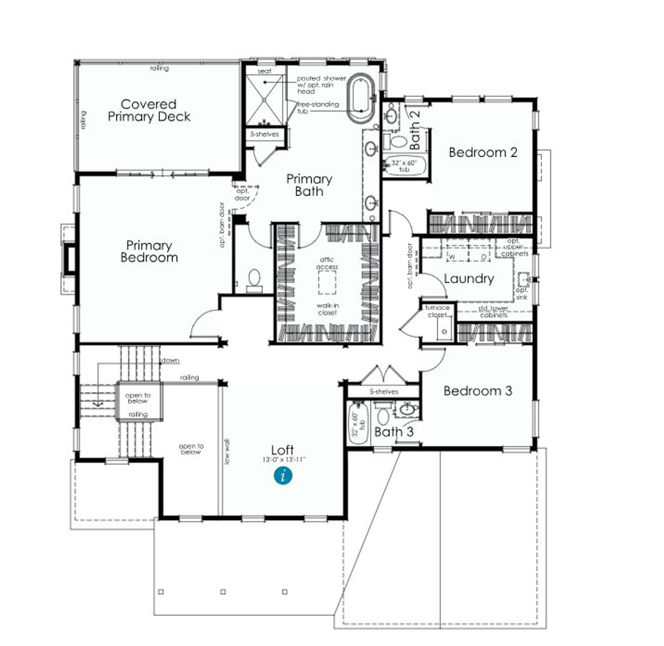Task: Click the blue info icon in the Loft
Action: coord(283,475)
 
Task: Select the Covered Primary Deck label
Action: coord(149,110)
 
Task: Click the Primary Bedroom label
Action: coord(149,251)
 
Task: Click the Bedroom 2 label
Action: coord(482,152)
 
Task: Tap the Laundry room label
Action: coord(468,279)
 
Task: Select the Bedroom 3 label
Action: coord(477,391)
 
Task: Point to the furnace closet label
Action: coord(437,311)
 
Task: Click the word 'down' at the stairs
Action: coord(171,360)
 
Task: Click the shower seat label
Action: coord(265,71)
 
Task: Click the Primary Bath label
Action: coord(309,185)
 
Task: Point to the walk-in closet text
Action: coord(327,309)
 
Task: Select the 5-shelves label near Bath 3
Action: coord(384,392)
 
